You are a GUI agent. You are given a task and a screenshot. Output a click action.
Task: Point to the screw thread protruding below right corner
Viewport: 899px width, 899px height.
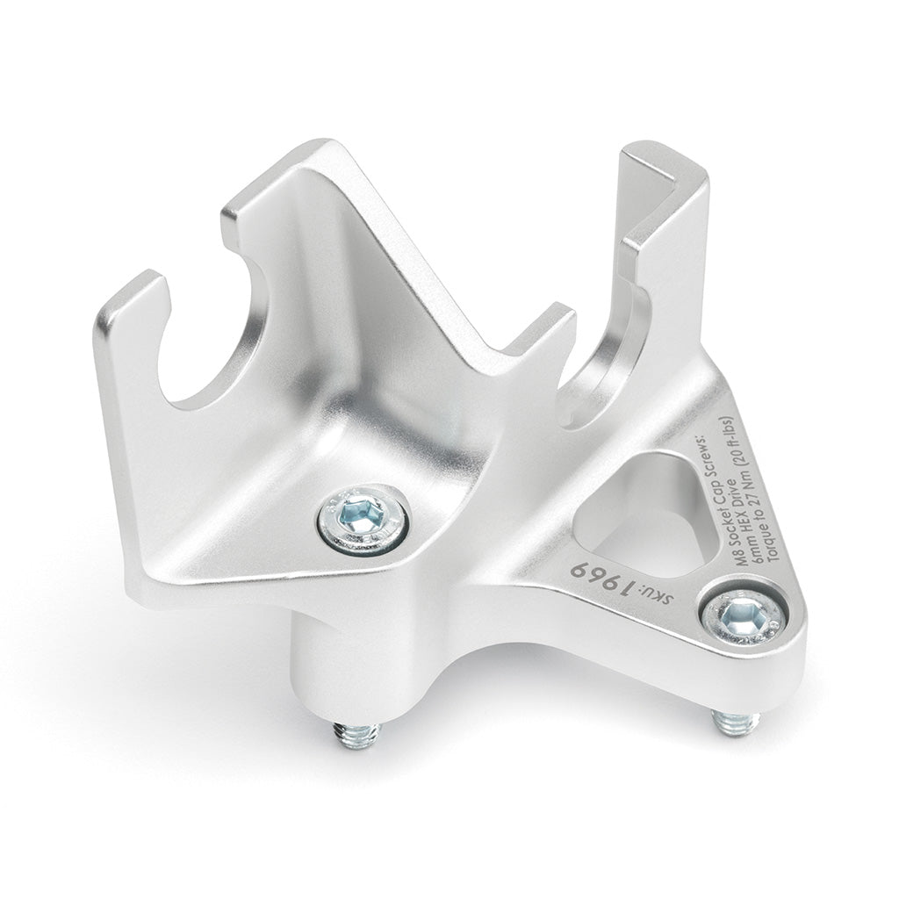click(733, 722)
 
